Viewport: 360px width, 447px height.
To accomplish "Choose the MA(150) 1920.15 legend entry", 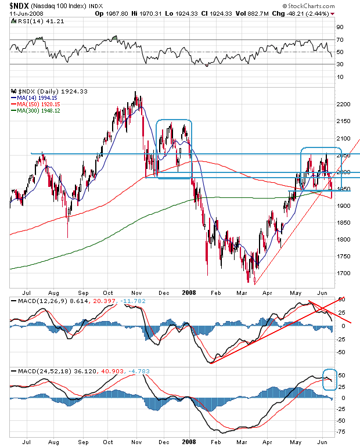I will point(38,104).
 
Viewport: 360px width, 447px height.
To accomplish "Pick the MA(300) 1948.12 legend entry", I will point(38,111).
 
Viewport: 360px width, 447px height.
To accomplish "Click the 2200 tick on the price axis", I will point(343,104).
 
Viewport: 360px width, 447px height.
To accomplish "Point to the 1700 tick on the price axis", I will point(343,273).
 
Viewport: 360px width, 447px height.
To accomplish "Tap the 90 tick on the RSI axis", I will point(339,27).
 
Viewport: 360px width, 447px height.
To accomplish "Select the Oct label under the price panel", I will point(108,294).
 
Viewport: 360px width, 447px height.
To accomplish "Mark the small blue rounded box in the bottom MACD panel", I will point(329,379).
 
